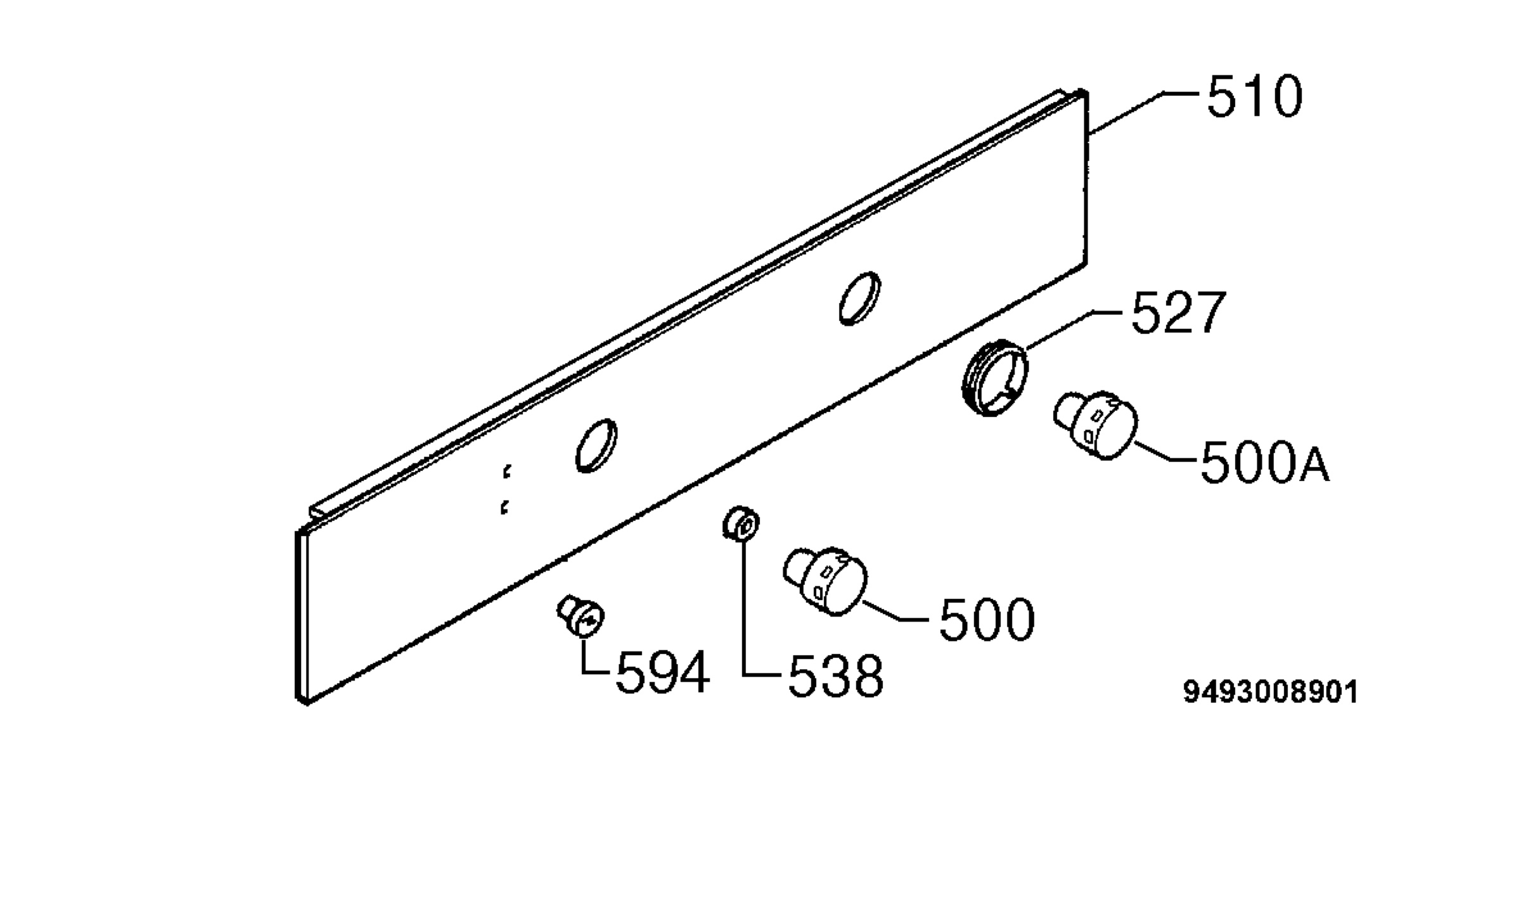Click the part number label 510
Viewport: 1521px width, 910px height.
[1254, 97]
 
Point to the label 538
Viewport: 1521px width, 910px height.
[835, 676]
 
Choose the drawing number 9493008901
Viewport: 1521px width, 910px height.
[1271, 692]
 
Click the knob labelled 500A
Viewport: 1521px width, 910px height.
[1094, 424]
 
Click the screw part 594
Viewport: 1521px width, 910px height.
[580, 614]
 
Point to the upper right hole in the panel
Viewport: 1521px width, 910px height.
[859, 298]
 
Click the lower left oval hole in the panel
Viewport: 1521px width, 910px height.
[596, 445]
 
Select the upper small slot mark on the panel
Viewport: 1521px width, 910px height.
[506, 471]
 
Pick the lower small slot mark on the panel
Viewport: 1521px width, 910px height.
[504, 507]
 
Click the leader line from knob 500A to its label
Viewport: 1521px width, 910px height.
[1164, 454]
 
